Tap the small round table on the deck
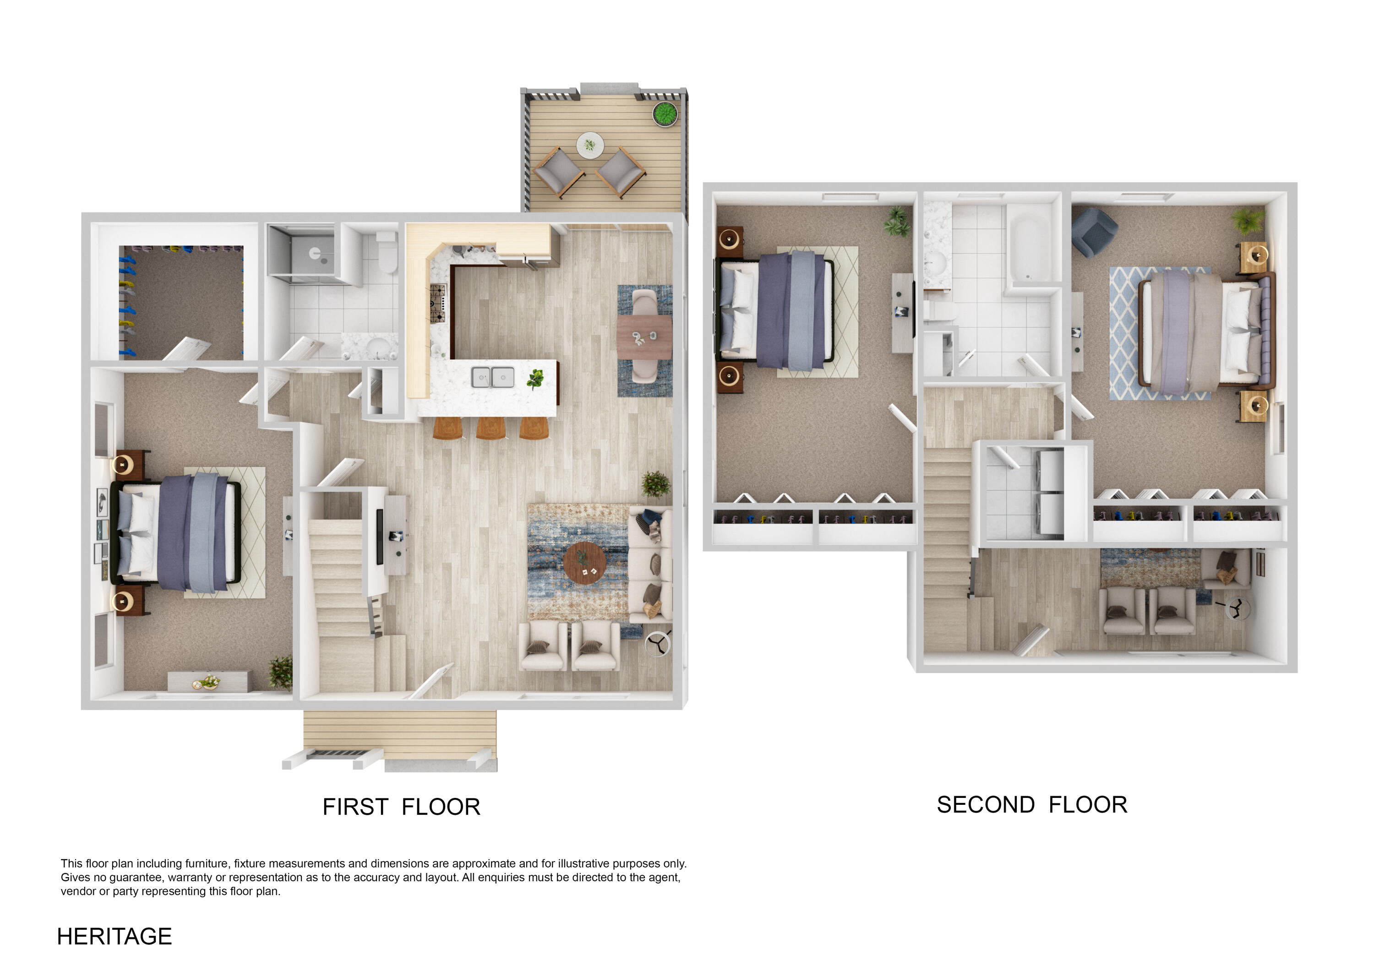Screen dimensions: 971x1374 589,145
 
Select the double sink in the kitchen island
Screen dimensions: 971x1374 492,377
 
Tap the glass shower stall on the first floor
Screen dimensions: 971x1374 301,254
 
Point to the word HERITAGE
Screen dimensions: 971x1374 114,936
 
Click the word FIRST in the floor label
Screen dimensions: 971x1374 355,807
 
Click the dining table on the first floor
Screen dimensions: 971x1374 644,337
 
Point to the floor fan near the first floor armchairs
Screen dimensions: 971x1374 657,644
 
